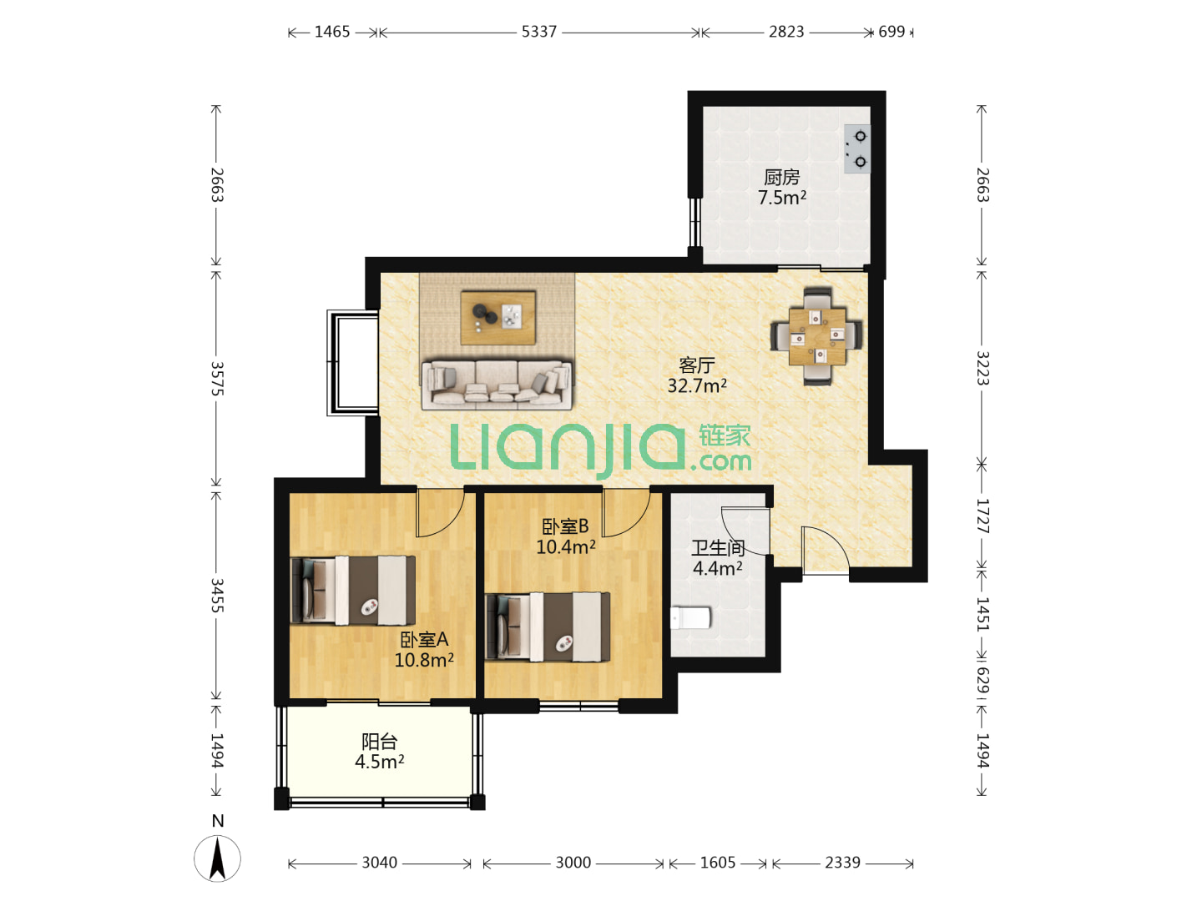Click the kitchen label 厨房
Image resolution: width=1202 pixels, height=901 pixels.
[x=781, y=177]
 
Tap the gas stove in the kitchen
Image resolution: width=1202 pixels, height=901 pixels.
[x=856, y=148]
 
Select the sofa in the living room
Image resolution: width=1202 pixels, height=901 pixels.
[x=497, y=384]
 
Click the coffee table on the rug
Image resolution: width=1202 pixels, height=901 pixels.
[x=497, y=317]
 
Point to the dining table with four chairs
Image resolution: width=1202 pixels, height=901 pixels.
[x=816, y=336]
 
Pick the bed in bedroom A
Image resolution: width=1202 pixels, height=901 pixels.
[x=352, y=591]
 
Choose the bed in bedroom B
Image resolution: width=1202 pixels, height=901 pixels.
[x=548, y=627]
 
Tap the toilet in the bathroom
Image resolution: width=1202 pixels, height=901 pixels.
[x=691, y=617]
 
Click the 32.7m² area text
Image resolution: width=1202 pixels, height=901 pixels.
[x=696, y=385]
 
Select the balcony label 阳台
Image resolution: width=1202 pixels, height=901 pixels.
[x=379, y=742]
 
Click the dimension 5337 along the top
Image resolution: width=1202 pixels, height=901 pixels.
[x=538, y=32]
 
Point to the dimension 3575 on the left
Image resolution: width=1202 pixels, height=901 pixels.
[x=217, y=378]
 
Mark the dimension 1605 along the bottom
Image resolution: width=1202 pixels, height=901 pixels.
[x=717, y=863]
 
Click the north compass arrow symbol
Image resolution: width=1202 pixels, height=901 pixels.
[x=217, y=858]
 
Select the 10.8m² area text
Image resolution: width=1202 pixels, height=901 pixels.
[x=424, y=660]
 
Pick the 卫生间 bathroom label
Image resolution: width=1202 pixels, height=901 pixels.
[x=717, y=547]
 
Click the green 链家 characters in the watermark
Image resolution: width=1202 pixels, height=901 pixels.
[x=724, y=436]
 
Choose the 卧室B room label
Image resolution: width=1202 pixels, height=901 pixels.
[x=565, y=526]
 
